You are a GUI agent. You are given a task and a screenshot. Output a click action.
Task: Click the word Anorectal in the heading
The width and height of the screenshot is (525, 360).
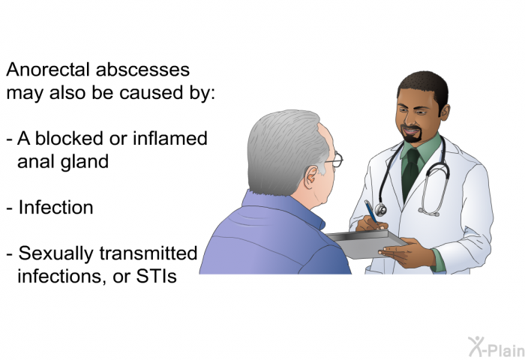[x=48, y=70]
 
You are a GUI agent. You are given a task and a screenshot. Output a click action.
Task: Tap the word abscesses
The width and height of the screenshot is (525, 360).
[x=143, y=70]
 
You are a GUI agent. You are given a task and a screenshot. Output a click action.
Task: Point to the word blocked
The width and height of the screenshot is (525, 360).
[x=69, y=138]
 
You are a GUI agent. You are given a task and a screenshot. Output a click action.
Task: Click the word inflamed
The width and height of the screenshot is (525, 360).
[x=170, y=138]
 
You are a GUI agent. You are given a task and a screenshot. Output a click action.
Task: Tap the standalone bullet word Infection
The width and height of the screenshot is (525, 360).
[x=56, y=207]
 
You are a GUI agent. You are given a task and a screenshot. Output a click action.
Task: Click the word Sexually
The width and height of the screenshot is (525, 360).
[x=56, y=254]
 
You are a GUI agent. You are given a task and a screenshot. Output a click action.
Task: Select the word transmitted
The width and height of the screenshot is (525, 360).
[x=148, y=253]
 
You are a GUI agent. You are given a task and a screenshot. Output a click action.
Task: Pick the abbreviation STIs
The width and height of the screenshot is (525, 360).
[x=156, y=276]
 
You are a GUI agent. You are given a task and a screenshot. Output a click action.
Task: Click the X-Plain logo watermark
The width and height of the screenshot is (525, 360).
[x=496, y=347]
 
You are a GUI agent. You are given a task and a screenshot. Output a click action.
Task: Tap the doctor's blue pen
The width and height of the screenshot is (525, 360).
[x=371, y=211]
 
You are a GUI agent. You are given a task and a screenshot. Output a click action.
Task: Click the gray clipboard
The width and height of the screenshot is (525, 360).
[x=367, y=244]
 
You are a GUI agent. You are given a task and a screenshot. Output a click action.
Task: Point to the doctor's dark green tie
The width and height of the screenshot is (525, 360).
[x=410, y=173]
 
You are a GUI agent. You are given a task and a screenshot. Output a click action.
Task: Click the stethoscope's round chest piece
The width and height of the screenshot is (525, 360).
[x=381, y=210]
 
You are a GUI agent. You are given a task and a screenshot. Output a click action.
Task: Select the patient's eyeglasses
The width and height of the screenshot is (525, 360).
[x=334, y=160]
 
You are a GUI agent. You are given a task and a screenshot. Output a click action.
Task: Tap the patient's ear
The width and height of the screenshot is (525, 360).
[x=311, y=177]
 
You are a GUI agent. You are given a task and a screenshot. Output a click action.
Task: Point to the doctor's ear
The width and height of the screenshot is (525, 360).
[x=445, y=112]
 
